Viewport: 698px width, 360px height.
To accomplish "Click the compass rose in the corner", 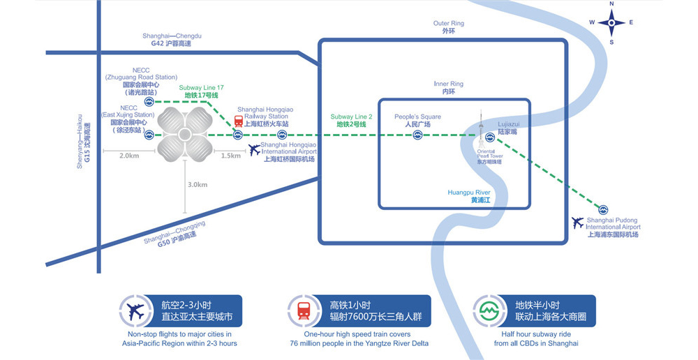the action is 611,23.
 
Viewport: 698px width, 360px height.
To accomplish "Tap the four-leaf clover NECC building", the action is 184,134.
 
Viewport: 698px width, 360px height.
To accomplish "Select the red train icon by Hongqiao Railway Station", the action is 239,121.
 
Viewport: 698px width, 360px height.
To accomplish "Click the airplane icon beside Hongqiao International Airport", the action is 254,150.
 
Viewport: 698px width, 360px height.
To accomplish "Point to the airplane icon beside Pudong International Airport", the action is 578,223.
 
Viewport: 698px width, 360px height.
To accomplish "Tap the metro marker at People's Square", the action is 417,135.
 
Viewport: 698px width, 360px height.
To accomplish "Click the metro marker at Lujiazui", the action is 490,137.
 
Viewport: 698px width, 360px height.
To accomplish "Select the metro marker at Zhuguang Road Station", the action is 149,102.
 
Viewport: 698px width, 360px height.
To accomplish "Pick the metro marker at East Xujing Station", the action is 149,135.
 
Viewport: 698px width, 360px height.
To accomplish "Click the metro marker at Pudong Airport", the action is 603,209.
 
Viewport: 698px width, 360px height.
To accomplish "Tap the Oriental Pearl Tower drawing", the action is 481,129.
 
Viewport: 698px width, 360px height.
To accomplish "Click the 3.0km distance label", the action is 198,185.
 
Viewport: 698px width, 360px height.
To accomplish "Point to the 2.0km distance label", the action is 129,156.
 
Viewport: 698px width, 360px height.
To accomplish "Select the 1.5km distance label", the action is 230,156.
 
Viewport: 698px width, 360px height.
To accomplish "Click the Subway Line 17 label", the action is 201,91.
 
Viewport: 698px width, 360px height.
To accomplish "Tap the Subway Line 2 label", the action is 351,121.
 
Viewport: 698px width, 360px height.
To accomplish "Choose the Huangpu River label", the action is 469,196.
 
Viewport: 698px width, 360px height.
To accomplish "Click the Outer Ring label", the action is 449,27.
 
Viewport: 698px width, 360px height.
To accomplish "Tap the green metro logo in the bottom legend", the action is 486,310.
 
